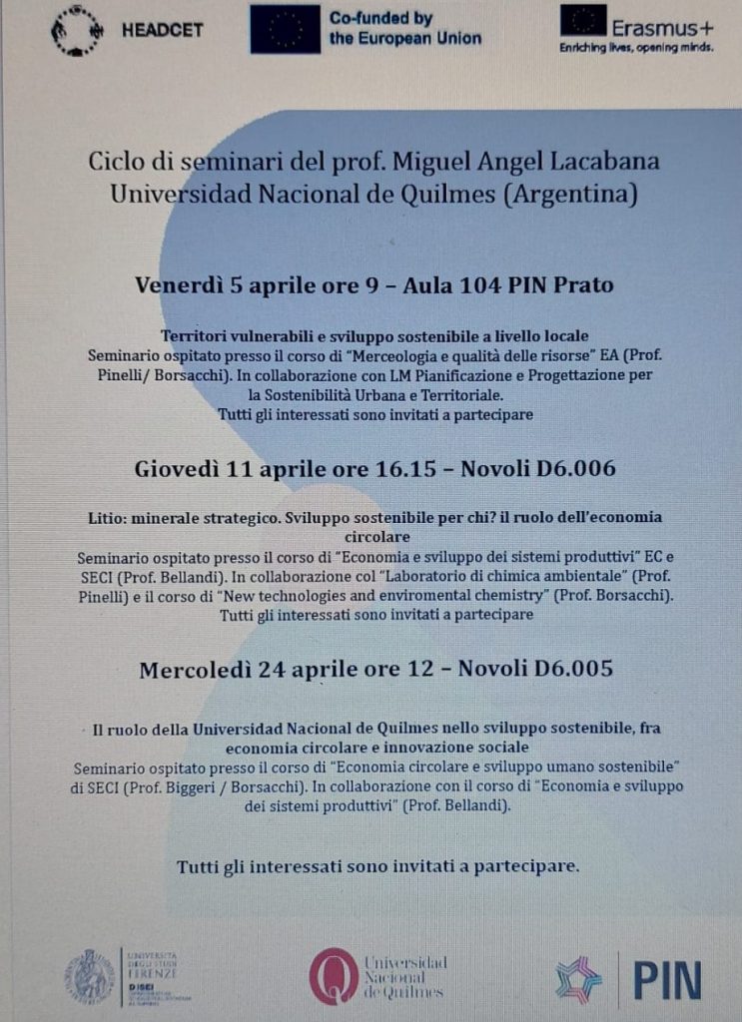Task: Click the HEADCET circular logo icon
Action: (x=75, y=29)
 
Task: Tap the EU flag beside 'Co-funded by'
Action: (x=285, y=29)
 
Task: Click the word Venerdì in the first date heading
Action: (x=180, y=284)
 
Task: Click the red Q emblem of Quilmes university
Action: (x=333, y=975)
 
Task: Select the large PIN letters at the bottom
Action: (x=666, y=978)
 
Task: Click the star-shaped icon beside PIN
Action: (x=579, y=979)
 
